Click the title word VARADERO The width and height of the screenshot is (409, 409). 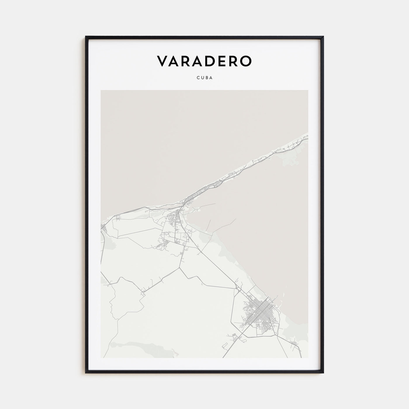click(x=204, y=61)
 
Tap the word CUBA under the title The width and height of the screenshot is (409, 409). click(x=204, y=78)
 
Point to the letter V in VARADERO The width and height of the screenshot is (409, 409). click(x=162, y=61)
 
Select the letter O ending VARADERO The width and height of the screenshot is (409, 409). click(x=245, y=61)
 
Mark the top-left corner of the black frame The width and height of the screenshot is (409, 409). click(x=86, y=37)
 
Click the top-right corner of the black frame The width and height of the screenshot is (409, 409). click(x=323, y=37)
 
